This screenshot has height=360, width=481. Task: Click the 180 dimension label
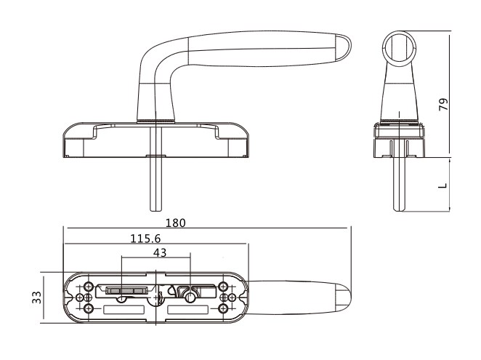tap(175, 223)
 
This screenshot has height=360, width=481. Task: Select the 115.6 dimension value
tap(145, 239)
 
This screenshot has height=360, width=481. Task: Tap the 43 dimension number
tap(160, 253)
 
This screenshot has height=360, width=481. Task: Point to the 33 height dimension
tap(37, 297)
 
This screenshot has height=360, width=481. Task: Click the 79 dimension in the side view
tap(443, 105)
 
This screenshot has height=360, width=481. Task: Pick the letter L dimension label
tap(442, 185)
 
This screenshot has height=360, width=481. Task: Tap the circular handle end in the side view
tap(399, 47)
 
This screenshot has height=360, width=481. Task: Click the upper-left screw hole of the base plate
tap(89, 287)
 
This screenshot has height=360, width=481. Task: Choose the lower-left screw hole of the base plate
tap(89, 308)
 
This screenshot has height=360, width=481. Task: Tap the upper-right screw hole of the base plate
tap(223, 287)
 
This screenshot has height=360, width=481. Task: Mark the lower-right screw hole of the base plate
tap(223, 308)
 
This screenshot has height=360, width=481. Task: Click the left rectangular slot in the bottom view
tap(124, 310)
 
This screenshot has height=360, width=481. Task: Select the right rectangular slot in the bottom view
tap(188, 310)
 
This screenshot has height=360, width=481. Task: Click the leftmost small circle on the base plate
tap(79, 297)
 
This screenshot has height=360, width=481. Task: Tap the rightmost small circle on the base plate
tap(233, 297)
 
